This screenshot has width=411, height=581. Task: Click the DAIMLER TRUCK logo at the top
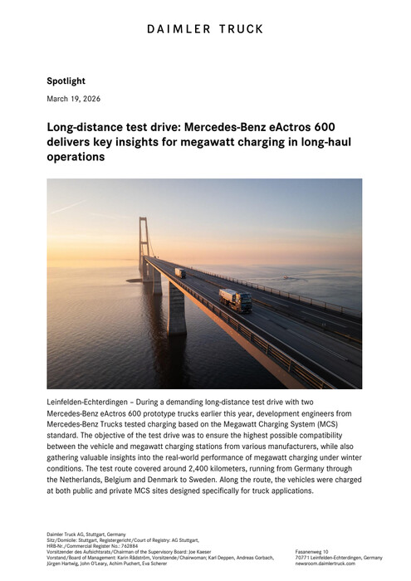(x=205, y=29)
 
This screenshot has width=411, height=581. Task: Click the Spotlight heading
(x=66, y=81)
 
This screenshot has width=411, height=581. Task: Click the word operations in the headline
(x=76, y=158)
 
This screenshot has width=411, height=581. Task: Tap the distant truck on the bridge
(x=180, y=272)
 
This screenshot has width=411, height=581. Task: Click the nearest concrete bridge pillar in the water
(x=177, y=309)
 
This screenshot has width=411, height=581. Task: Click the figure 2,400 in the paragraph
(x=236, y=466)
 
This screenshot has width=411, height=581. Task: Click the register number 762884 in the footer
(x=115, y=546)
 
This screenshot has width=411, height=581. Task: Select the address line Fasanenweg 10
(x=312, y=552)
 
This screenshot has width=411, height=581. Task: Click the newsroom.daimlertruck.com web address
(x=325, y=563)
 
